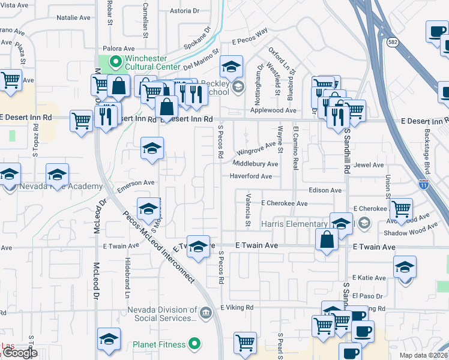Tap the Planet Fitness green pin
tap(193, 344)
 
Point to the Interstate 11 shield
tap(424, 185)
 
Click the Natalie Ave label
tap(73, 18)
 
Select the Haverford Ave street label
tap(251, 176)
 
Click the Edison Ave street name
tap(325, 190)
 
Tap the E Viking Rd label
tap(237, 307)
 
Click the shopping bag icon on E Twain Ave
tap(326, 239)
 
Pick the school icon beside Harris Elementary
tap(341, 223)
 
